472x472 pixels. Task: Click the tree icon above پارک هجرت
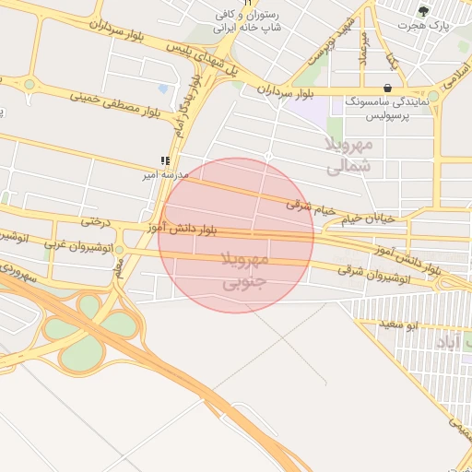pyautogui.click(x=423, y=11)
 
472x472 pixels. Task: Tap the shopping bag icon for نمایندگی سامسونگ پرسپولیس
pyautogui.click(x=387, y=88)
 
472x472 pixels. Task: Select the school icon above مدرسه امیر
pyautogui.click(x=165, y=160)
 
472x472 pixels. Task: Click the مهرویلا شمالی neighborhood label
pyautogui.click(x=349, y=155)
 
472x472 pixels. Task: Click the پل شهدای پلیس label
pyautogui.click(x=214, y=59)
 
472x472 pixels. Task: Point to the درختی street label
pyautogui.click(x=97, y=221)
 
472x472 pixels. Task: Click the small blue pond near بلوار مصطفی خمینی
pyautogui.click(x=164, y=88)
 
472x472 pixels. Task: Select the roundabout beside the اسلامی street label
pyautogui.click(x=433, y=96)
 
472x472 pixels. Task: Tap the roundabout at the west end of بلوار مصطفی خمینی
pyautogui.click(x=29, y=84)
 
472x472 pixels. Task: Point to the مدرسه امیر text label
pyautogui.click(x=163, y=173)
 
